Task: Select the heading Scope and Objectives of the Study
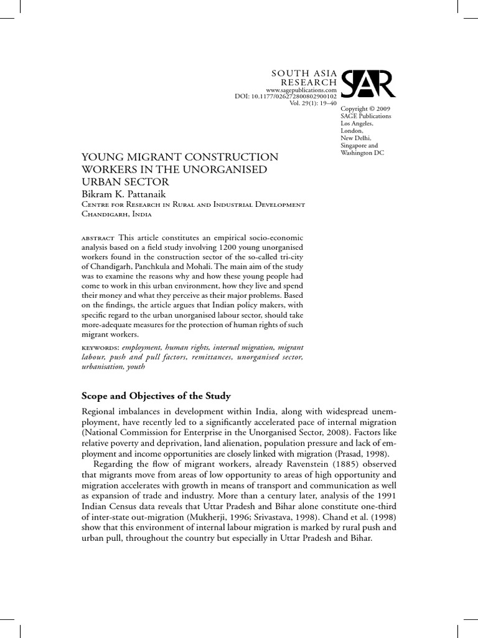pyautogui.click(x=156, y=395)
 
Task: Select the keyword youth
pyautogui.click(x=135, y=367)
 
